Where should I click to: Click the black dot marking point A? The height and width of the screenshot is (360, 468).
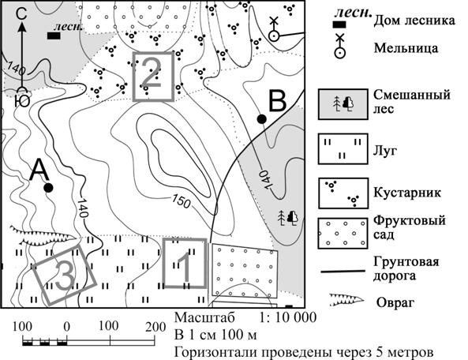pyautogui.click(x=48, y=188)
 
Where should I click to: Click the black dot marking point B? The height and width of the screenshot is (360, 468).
pyautogui.click(x=261, y=118)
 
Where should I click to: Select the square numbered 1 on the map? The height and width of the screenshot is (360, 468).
pyautogui.click(x=164, y=263)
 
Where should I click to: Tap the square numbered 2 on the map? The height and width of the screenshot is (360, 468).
pyautogui.click(x=134, y=77)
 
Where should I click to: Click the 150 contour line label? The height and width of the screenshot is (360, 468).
pyautogui.click(x=182, y=202)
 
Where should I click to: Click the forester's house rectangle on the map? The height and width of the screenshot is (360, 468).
pyautogui.click(x=54, y=36)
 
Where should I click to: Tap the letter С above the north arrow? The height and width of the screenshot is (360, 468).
pyautogui.click(x=22, y=13)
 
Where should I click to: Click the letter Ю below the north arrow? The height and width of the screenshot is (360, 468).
pyautogui.click(x=22, y=102)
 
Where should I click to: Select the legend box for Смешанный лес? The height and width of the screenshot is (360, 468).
pyautogui.click(x=343, y=104)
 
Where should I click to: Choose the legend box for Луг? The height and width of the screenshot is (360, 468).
pyautogui.click(x=343, y=148)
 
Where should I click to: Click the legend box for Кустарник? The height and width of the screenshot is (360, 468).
pyautogui.click(x=343, y=193)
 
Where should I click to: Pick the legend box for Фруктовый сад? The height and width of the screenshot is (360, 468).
pyautogui.click(x=343, y=234)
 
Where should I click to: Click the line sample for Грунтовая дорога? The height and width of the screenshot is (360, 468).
pyautogui.click(x=343, y=272)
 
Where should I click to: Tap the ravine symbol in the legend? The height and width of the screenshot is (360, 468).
pyautogui.click(x=346, y=299)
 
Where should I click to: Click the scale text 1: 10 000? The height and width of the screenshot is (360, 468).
pyautogui.click(x=287, y=317)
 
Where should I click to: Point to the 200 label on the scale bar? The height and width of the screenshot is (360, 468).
pyautogui.click(x=155, y=327)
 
